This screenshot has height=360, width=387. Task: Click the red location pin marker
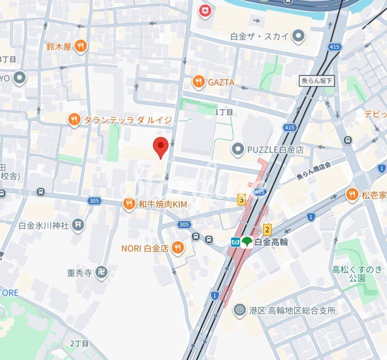(161, 147)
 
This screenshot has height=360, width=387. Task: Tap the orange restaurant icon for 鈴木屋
(81, 46)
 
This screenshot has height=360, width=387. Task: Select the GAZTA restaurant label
(221, 83)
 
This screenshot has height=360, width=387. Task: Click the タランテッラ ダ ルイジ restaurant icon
(74, 120)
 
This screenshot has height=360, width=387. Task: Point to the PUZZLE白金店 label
(275, 150)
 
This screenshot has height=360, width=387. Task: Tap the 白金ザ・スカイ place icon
(298, 36)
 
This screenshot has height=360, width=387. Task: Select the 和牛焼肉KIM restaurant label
(162, 205)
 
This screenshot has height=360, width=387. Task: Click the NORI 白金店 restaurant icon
(178, 248)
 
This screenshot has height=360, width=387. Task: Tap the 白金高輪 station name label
(271, 241)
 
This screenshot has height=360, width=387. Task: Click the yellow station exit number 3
(241, 199)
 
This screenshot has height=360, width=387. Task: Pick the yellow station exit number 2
(267, 229)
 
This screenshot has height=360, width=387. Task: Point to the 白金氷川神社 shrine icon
(78, 225)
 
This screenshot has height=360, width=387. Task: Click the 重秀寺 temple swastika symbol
(101, 273)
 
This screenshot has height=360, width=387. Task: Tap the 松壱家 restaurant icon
(352, 195)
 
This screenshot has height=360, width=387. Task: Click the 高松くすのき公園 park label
(357, 274)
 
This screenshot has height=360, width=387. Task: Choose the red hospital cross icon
(205, 10)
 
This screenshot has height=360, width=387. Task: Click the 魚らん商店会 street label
(313, 171)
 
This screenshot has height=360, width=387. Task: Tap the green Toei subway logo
(247, 241)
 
